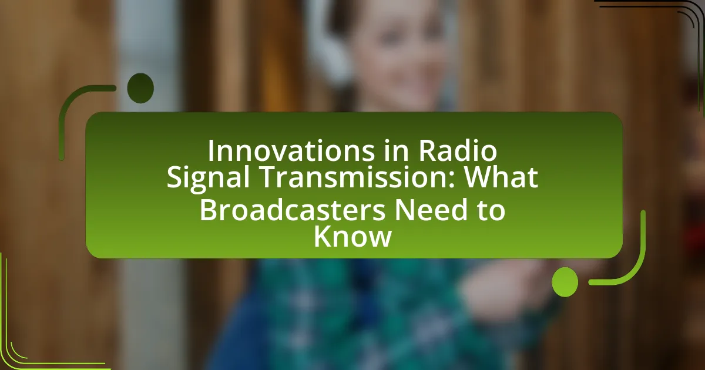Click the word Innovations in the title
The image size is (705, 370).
pyautogui.click(x=291, y=150)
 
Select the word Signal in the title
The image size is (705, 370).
pyautogui.click(x=209, y=177)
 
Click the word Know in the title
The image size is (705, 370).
pyautogui.click(x=352, y=237)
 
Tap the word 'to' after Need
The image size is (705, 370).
pyautogui.click(x=492, y=210)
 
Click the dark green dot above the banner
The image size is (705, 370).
pyautogui.click(x=140, y=89)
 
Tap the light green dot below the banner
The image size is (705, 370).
pyautogui.click(x=565, y=282)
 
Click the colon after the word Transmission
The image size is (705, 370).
pyautogui.click(x=452, y=179)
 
